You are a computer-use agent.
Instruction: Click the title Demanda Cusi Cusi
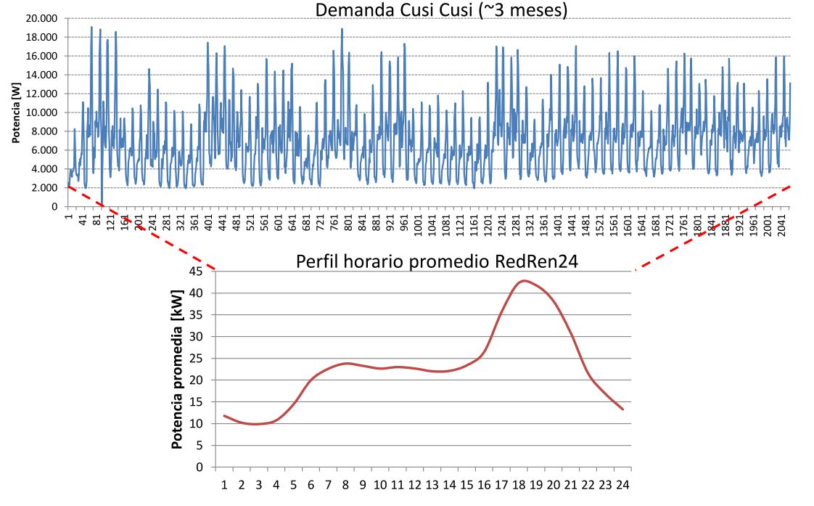(440, 9)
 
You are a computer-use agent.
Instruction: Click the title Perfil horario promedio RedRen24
(437, 262)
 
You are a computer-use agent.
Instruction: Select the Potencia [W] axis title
(15, 113)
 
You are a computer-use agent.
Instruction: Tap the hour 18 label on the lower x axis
(520, 483)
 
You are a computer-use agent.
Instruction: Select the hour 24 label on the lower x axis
(623, 483)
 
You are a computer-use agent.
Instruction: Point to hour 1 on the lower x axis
(225, 483)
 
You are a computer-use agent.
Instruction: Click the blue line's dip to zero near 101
(102, 205)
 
